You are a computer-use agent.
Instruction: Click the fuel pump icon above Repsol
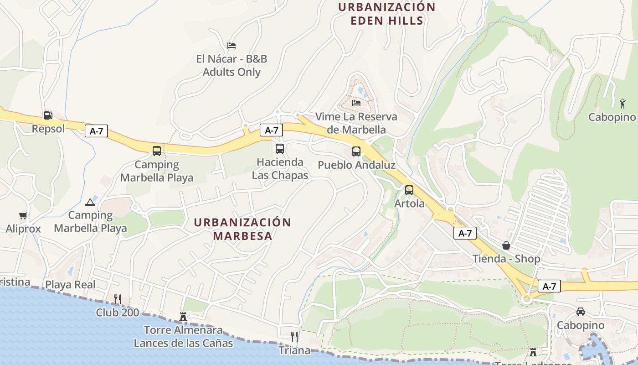tap(47, 115)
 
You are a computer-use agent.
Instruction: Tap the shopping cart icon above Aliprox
tap(23, 215)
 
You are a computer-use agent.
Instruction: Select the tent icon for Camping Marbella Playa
tap(90, 202)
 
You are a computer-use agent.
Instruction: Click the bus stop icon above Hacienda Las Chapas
tap(280, 149)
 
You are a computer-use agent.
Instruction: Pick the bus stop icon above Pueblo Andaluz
tap(356, 151)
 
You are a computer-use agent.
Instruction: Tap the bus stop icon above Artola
tap(409, 190)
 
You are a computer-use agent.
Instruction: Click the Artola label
tap(409, 203)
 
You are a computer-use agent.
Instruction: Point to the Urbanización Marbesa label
tap(242, 229)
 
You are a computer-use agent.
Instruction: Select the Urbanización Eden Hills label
tap(387, 14)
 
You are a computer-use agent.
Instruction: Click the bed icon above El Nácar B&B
tap(232, 46)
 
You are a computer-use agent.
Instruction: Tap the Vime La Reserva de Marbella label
tap(356, 123)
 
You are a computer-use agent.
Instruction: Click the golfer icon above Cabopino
tap(623, 104)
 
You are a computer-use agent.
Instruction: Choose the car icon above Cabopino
tap(581, 312)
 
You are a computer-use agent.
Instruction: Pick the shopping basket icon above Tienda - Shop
tap(506, 245)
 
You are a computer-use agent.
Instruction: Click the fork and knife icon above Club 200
tap(118, 299)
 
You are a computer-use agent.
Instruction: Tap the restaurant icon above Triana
tap(294, 337)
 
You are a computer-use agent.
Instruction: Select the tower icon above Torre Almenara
tap(183, 316)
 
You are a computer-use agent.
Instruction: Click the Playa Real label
tap(70, 285)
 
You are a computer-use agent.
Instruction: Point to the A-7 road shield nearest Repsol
tap(96, 131)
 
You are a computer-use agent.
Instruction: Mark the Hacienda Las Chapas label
tap(280, 169)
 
